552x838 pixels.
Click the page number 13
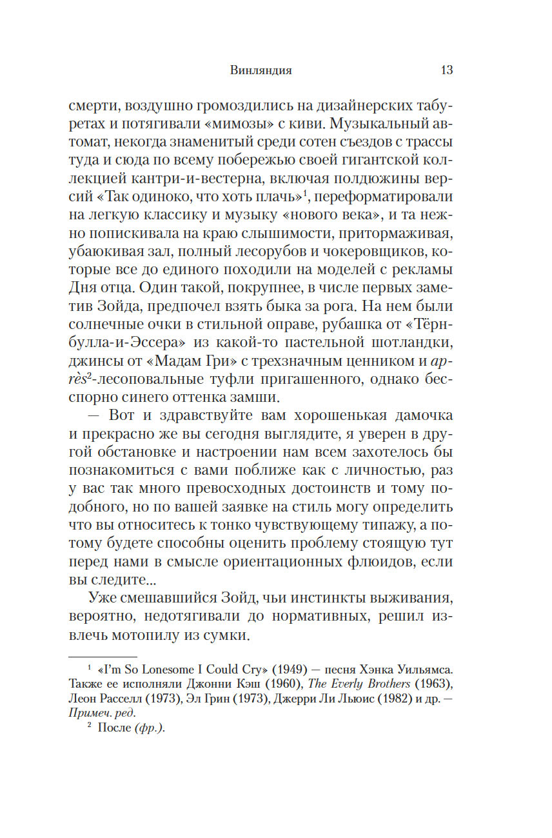tap(446, 70)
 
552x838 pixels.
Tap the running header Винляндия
tap(261, 70)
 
